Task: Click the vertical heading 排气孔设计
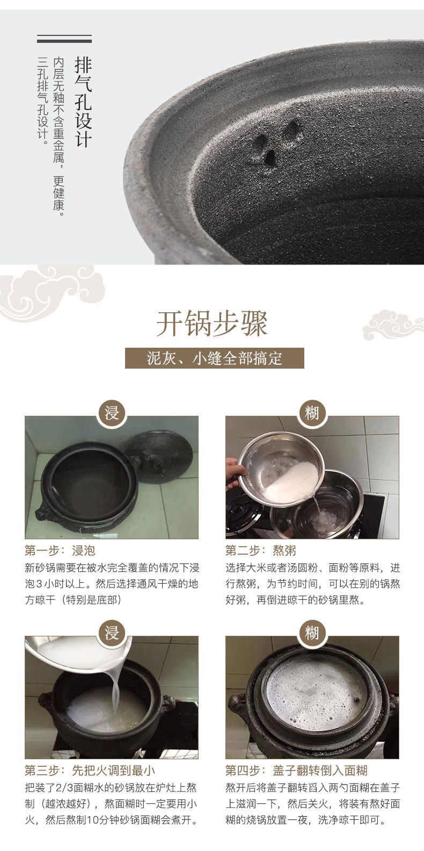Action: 83,102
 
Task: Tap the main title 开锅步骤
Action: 212,324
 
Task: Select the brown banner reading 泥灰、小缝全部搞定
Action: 215,358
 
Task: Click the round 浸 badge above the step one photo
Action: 112,413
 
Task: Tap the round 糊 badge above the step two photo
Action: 312,413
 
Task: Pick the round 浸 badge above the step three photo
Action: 112,633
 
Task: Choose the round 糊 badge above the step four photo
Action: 312,633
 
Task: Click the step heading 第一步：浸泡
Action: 60,551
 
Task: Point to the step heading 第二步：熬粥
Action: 261,551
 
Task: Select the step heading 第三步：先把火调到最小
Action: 90,771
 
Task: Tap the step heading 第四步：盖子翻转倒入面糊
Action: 296,771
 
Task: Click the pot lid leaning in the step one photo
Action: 159,456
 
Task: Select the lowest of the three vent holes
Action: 270,157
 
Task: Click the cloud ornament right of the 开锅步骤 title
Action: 393,325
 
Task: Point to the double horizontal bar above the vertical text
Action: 64,39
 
